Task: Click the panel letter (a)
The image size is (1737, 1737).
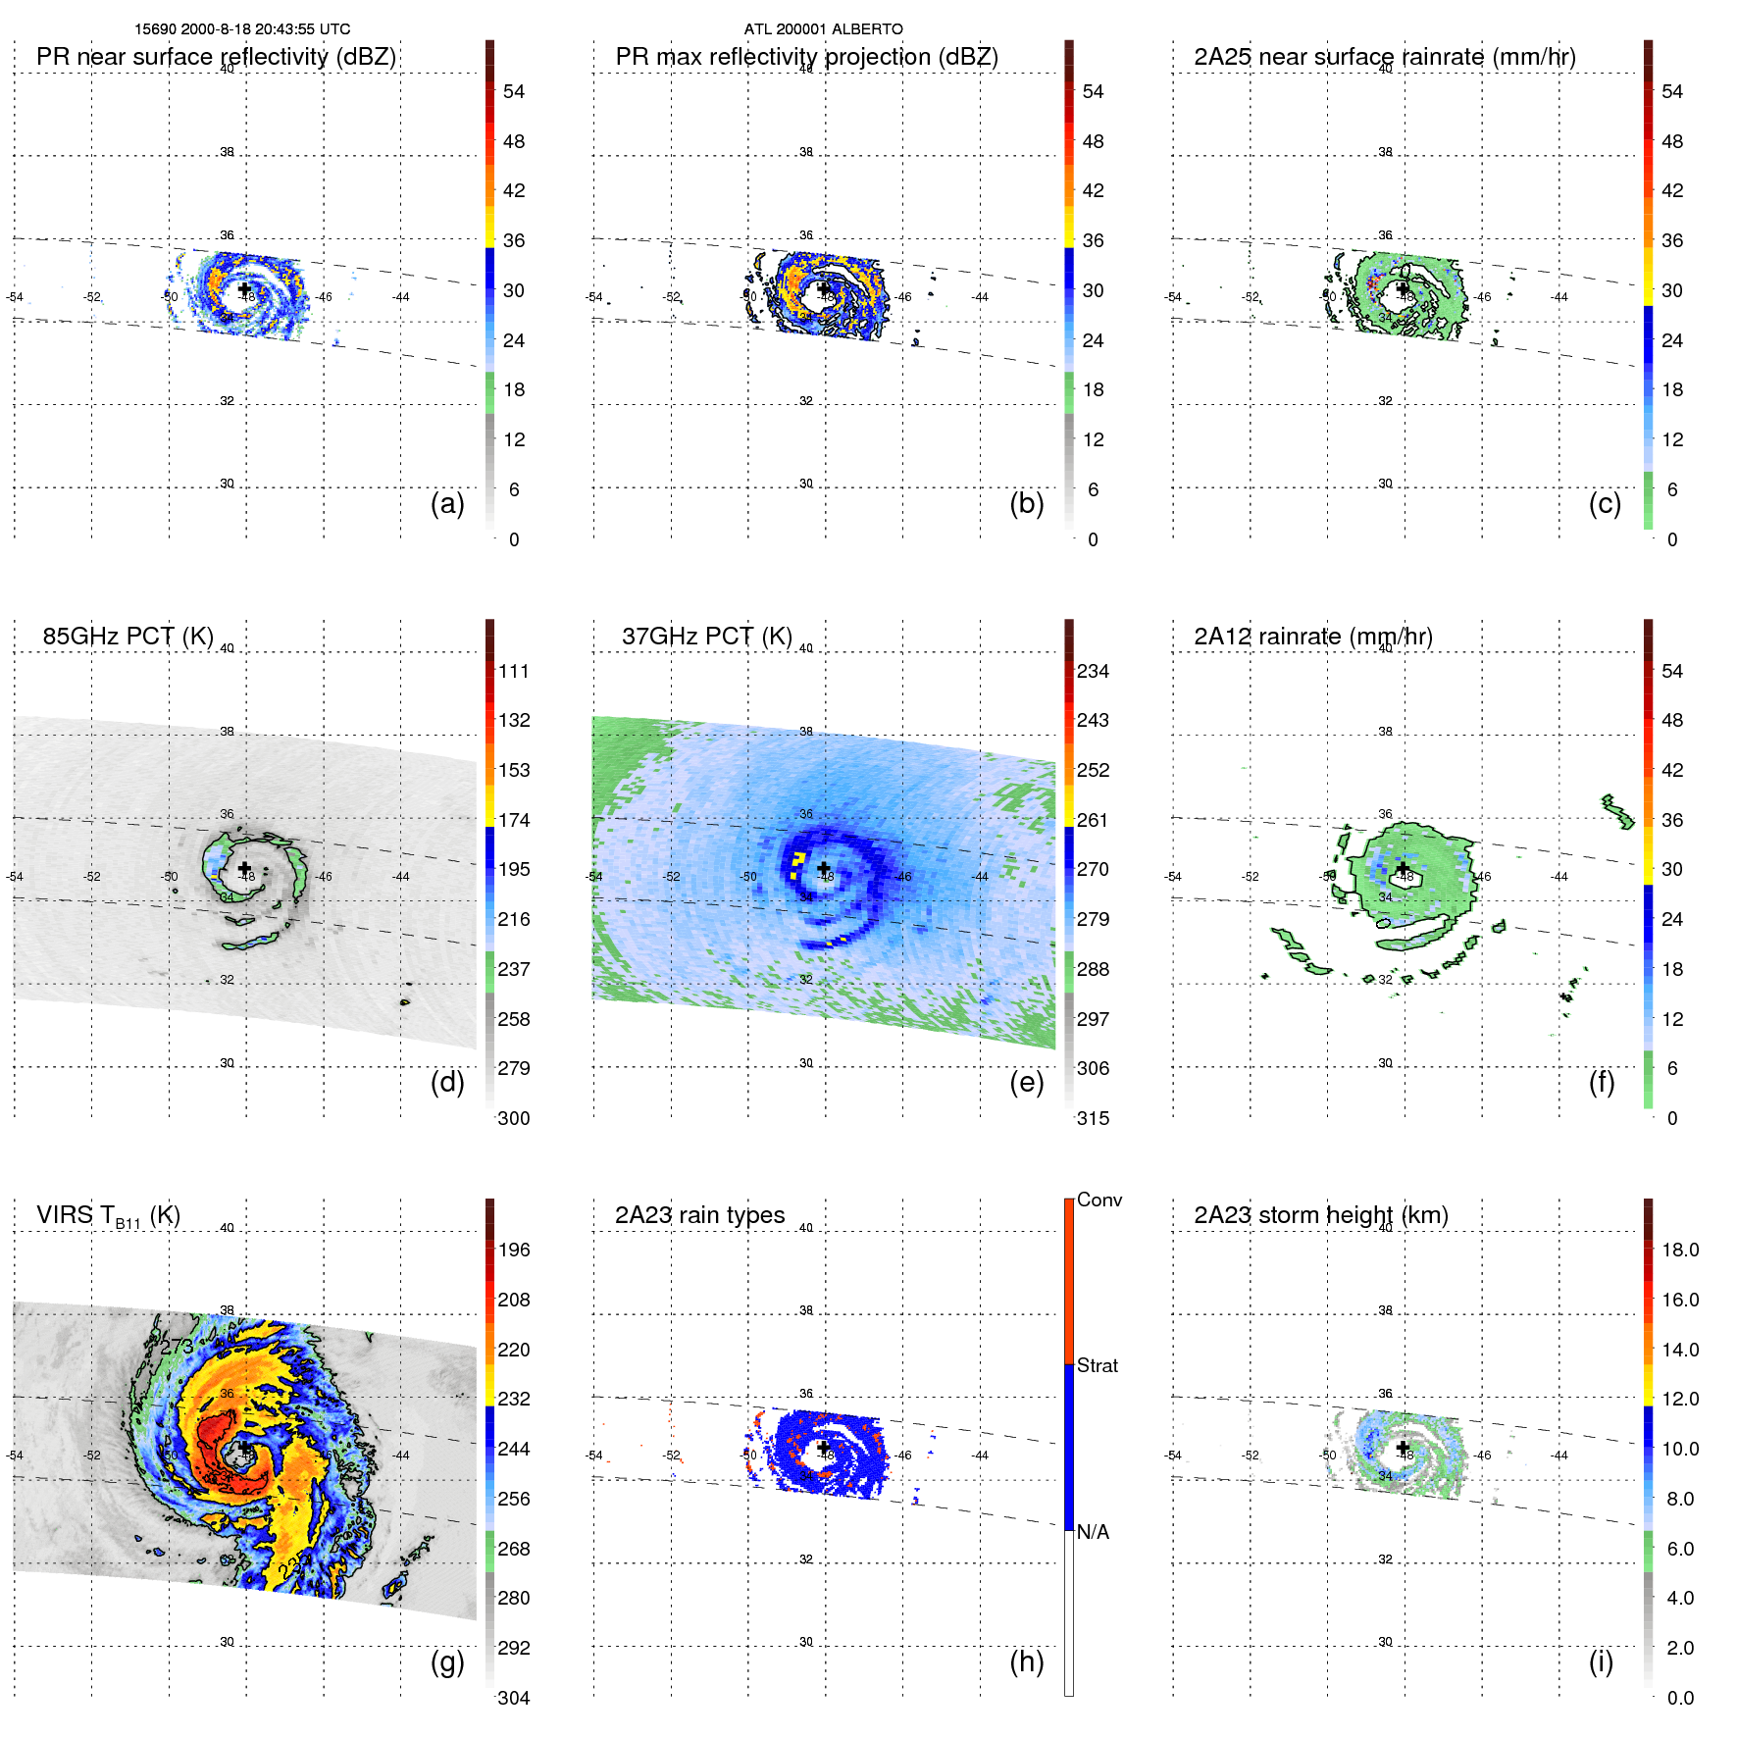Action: (447, 503)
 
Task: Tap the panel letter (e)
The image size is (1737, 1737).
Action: (1026, 1082)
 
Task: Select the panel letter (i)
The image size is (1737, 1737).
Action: (1601, 1661)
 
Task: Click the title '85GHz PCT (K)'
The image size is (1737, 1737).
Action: (128, 636)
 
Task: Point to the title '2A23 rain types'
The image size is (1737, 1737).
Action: (699, 1215)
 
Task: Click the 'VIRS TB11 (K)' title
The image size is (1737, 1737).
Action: (108, 1216)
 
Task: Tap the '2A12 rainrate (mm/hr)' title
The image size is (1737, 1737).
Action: (1313, 636)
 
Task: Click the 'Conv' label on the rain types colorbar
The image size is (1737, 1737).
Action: (1098, 1200)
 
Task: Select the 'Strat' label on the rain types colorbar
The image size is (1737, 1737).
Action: (1097, 1365)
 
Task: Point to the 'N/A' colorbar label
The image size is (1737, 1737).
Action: (1093, 1532)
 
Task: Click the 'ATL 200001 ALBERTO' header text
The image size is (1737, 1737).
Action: (823, 29)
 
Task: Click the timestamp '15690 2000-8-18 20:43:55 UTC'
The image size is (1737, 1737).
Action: (242, 29)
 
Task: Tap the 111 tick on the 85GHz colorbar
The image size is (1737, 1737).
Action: (513, 671)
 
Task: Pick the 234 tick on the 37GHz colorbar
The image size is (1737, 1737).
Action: (1093, 671)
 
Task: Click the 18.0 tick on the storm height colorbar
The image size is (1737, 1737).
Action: (1679, 1250)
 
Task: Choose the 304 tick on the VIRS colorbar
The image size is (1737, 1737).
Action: (513, 1698)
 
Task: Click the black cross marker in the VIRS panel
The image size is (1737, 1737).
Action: (244, 1448)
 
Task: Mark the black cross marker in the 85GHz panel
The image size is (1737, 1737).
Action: (244, 868)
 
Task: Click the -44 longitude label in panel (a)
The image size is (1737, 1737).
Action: (401, 297)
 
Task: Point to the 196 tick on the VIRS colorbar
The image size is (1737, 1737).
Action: (513, 1250)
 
